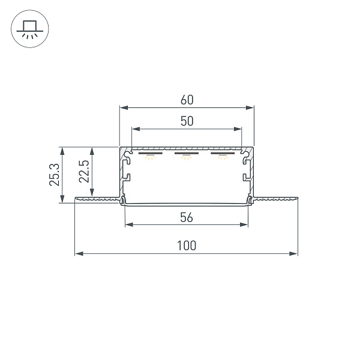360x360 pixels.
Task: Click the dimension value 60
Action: click(187, 100)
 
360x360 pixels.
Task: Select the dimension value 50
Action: click(187, 121)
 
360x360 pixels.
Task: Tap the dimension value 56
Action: click(187, 217)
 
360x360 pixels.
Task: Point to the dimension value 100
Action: click(187, 245)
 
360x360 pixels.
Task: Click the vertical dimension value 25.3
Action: click(55, 175)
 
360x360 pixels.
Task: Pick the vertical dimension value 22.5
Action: click(84, 171)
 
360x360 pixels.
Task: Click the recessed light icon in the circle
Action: click(30, 29)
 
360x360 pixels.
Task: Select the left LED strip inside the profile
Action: click(151, 153)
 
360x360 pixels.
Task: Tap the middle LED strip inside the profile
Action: click(187, 153)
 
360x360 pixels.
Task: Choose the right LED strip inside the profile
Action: click(223, 153)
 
